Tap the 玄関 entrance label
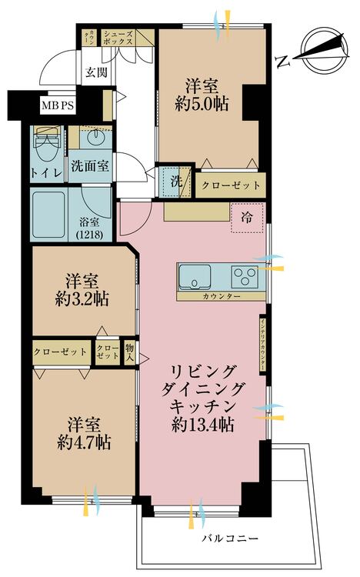[x=96, y=73]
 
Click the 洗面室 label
[x=90, y=165]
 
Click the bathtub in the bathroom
[x=52, y=214]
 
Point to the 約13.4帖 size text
[x=204, y=425]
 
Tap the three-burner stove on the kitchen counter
[x=245, y=275]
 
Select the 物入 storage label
[x=129, y=354]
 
